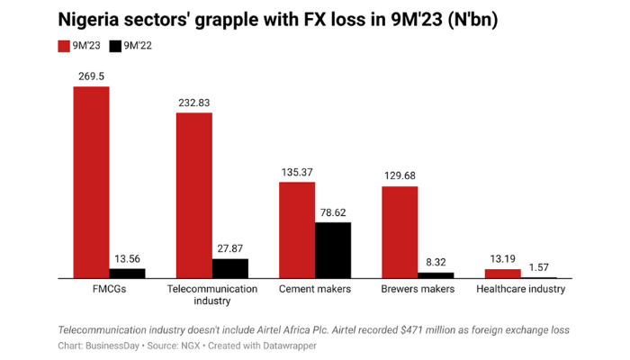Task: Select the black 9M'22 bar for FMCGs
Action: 127,273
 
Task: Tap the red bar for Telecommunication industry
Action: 194,194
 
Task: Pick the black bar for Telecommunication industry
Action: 230,268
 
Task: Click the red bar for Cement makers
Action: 297,229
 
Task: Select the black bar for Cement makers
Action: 333,249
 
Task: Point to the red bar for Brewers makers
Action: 400,232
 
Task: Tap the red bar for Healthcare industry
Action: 503,273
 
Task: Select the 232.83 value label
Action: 194,103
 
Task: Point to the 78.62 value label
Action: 333,212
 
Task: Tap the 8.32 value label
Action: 436,263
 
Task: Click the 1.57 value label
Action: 539,267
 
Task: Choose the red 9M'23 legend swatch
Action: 64,46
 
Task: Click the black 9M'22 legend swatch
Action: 115,46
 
